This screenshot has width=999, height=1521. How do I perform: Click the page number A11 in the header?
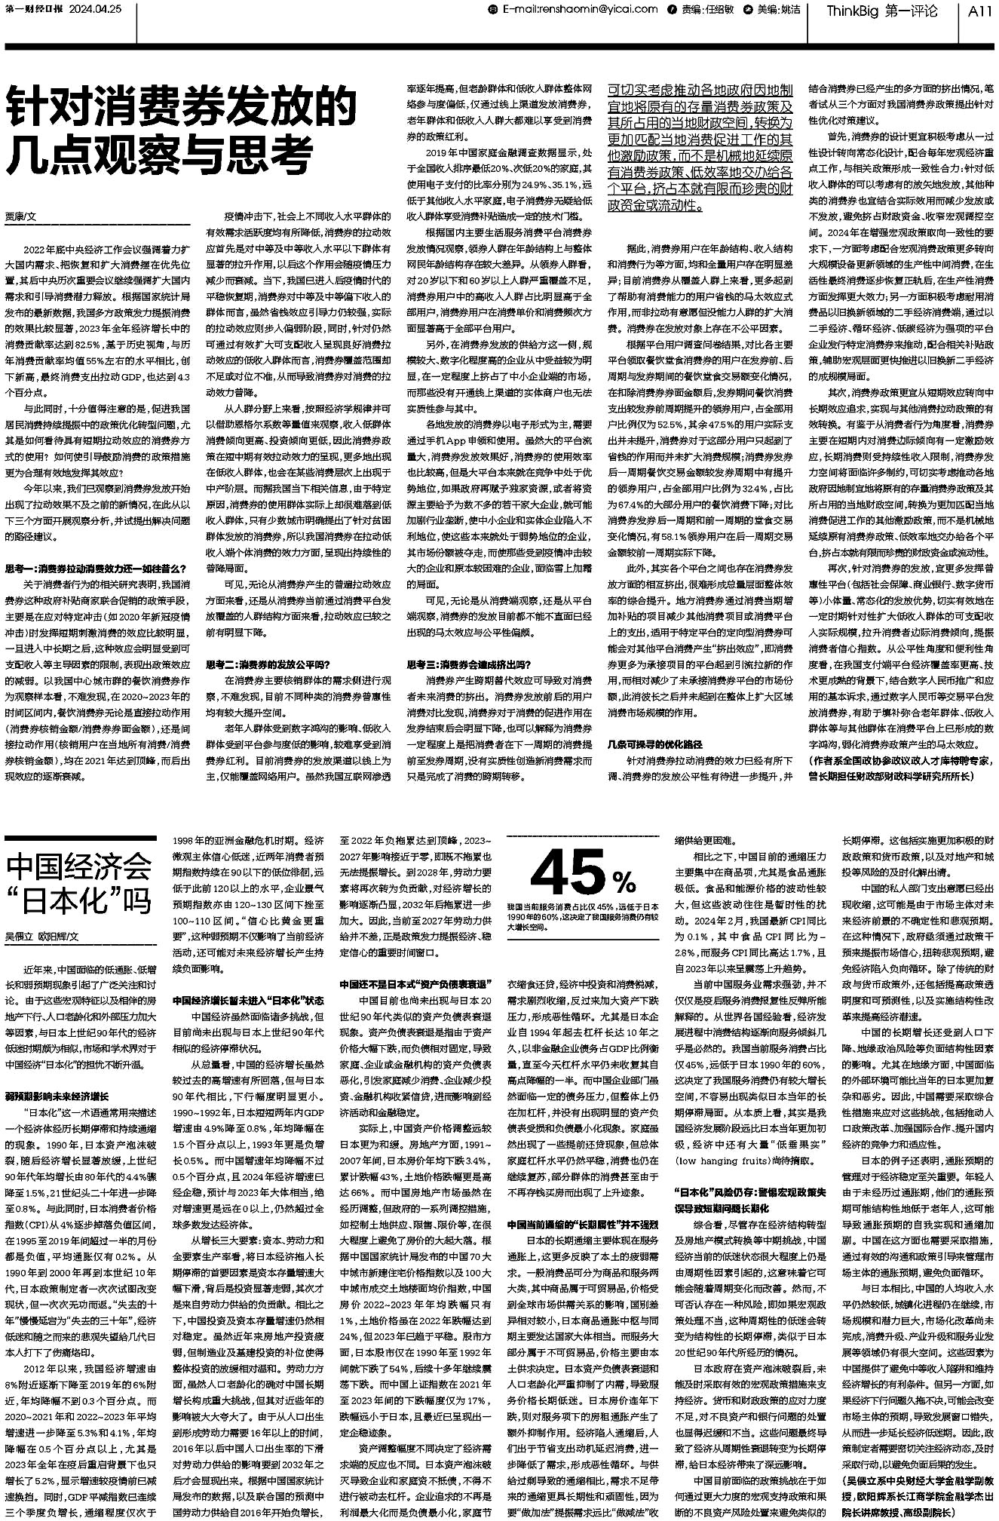[979, 11]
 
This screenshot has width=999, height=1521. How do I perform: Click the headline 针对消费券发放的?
[181, 108]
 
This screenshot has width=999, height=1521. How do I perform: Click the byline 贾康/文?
[22, 216]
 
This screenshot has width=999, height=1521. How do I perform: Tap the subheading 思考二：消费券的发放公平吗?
[268, 664]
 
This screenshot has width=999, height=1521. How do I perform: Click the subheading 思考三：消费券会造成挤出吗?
[469, 664]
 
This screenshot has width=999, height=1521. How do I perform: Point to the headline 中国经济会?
[80, 869]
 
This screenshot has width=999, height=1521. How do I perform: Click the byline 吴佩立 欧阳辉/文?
[42, 936]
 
